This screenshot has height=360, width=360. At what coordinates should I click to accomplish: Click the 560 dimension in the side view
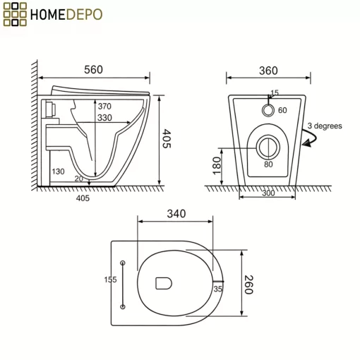[93, 70]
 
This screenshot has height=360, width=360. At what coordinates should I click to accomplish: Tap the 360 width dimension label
[268, 71]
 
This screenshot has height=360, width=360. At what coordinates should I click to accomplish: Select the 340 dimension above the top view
[176, 214]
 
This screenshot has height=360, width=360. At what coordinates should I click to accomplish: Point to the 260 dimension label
[248, 284]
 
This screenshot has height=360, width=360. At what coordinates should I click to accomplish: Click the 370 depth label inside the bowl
[104, 107]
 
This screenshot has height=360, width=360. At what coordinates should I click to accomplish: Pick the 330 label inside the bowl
[104, 118]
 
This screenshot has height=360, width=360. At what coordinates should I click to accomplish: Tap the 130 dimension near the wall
[58, 172]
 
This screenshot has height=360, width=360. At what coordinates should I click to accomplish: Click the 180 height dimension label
[217, 166]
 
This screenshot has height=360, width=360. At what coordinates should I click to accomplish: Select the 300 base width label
[268, 193]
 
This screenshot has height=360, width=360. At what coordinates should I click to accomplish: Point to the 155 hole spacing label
[110, 280]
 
